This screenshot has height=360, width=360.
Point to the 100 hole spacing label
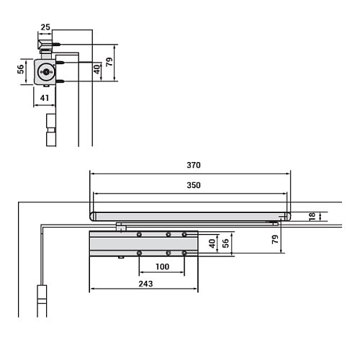pos(162,267)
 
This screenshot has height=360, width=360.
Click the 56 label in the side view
pos(21,71)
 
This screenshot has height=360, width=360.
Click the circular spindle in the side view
pos(48,72)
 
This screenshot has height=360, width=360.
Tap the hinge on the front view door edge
pos(42,296)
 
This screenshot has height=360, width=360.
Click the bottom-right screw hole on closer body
pos(184,253)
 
